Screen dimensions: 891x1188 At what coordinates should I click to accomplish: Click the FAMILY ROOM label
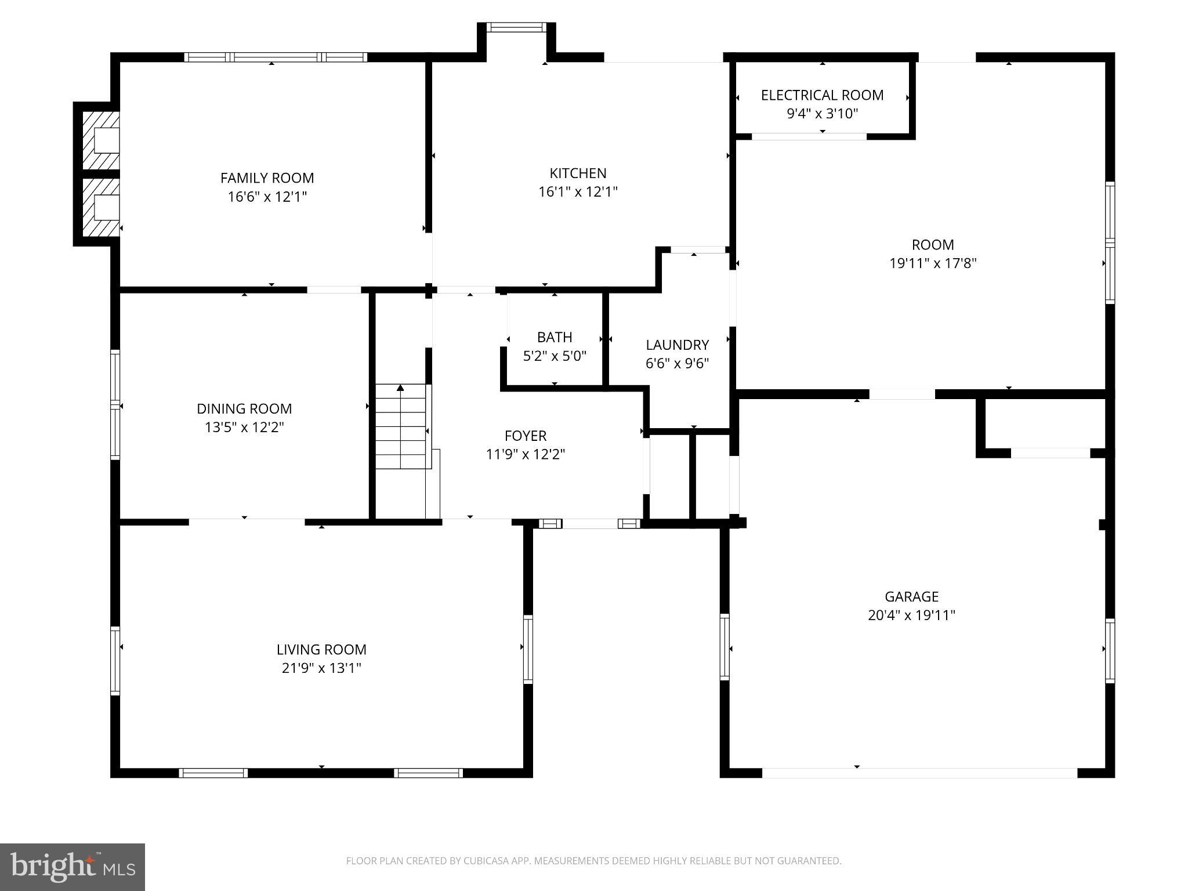pos(267,178)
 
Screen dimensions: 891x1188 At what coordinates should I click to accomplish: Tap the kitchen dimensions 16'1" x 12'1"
pos(578,192)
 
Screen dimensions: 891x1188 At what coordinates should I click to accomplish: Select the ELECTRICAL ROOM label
pos(822,95)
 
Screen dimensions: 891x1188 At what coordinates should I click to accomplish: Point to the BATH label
pos(555,337)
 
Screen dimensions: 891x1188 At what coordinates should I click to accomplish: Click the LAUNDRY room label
pos(677,345)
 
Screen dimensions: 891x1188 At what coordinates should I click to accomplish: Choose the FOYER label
pos(526,436)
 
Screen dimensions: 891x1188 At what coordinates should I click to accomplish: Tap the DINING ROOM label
pos(244,408)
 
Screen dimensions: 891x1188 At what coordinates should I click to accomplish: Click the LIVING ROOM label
pos(321,650)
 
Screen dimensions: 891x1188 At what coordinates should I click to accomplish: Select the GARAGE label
pos(911,596)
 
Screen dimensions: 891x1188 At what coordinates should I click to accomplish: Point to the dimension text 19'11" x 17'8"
pos(933,263)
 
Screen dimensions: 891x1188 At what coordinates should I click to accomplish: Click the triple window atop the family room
pos(276,57)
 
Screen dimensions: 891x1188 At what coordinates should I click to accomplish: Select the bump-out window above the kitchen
pos(516,27)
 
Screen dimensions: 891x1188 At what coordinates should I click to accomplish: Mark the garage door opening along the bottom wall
pos(919,773)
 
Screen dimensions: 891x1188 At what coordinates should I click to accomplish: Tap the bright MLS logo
pos(73,867)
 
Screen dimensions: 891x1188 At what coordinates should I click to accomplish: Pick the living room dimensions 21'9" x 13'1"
pos(321,668)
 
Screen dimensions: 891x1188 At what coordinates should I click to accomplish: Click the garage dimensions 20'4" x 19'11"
pos(911,615)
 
